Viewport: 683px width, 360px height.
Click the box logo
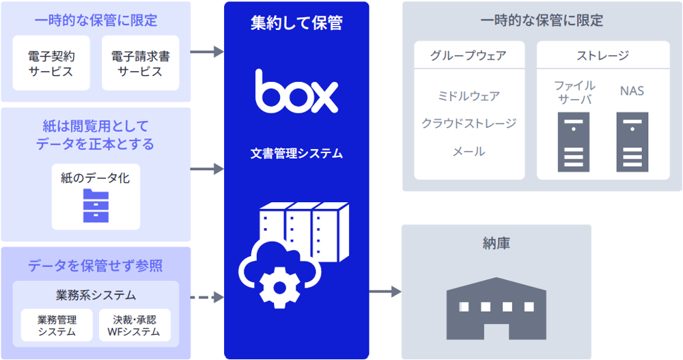point(296,92)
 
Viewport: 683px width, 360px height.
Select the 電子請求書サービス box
point(140,63)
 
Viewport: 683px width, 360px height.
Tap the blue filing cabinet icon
point(96,206)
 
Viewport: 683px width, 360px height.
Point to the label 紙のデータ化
point(96,178)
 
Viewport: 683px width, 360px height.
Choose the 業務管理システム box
point(57,325)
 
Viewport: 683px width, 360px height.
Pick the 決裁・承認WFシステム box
point(134,325)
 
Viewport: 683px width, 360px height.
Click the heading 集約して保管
point(296,23)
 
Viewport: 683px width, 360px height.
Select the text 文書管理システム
point(296,154)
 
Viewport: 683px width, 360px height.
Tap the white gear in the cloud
point(276,284)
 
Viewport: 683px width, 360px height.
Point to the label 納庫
point(497,243)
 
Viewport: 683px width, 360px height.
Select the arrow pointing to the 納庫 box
point(385,292)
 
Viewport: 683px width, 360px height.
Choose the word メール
point(469,152)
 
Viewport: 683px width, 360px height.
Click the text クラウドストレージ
point(469,124)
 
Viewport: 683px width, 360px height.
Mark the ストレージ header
point(602,55)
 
